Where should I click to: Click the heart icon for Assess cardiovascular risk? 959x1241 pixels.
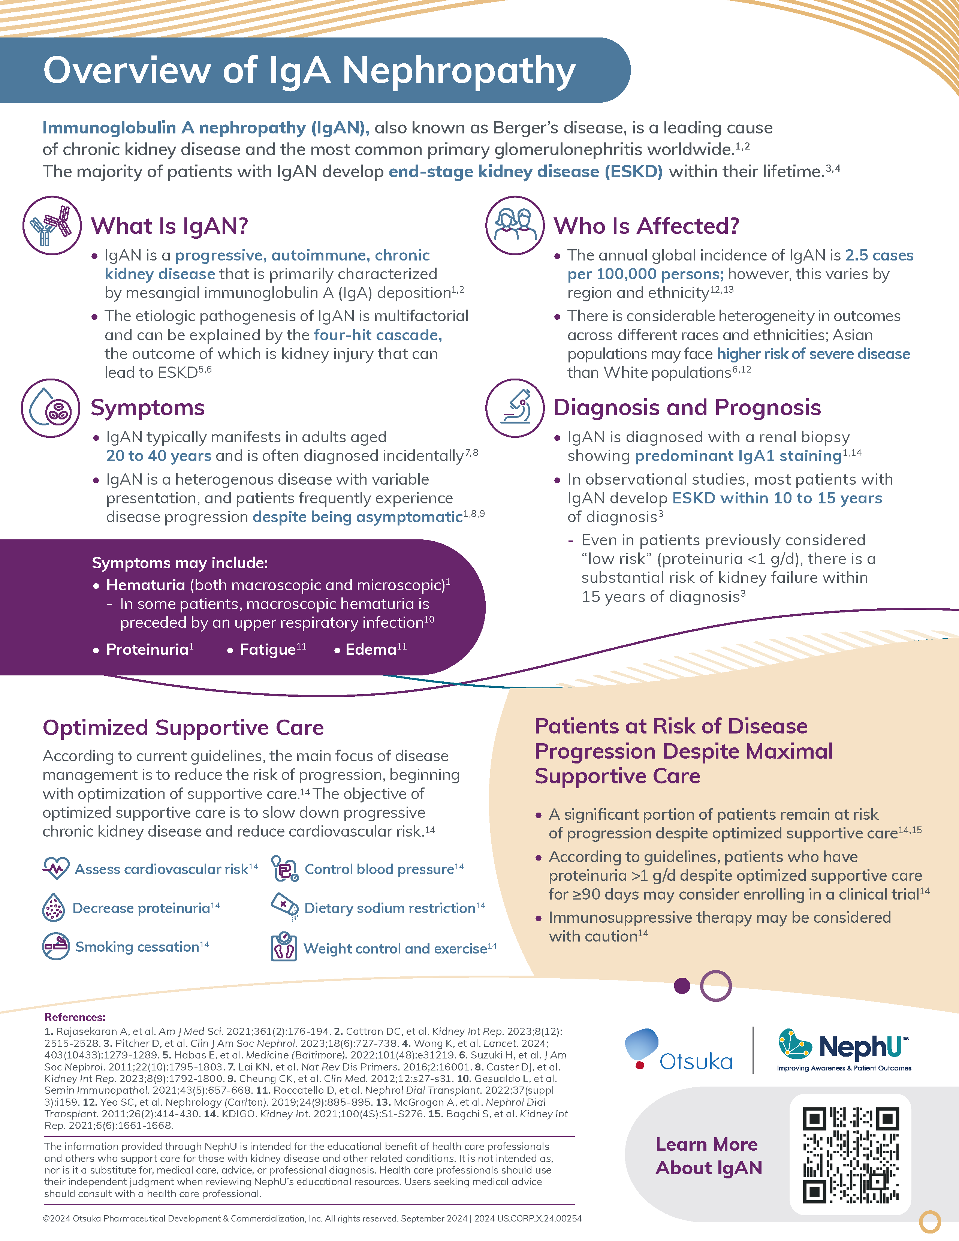(x=56, y=868)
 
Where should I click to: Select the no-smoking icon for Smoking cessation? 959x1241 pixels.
(x=56, y=946)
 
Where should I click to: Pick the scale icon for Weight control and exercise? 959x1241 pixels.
(x=283, y=947)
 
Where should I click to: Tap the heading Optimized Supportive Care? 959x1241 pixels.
(x=183, y=728)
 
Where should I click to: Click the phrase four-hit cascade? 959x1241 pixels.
(x=378, y=335)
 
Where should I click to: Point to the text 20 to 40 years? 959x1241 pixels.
(x=159, y=456)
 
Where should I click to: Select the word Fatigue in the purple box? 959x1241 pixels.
(x=267, y=650)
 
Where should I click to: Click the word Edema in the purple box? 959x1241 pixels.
(x=370, y=650)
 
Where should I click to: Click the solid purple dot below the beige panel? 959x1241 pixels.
(x=682, y=985)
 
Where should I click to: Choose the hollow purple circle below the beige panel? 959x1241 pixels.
(x=715, y=985)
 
